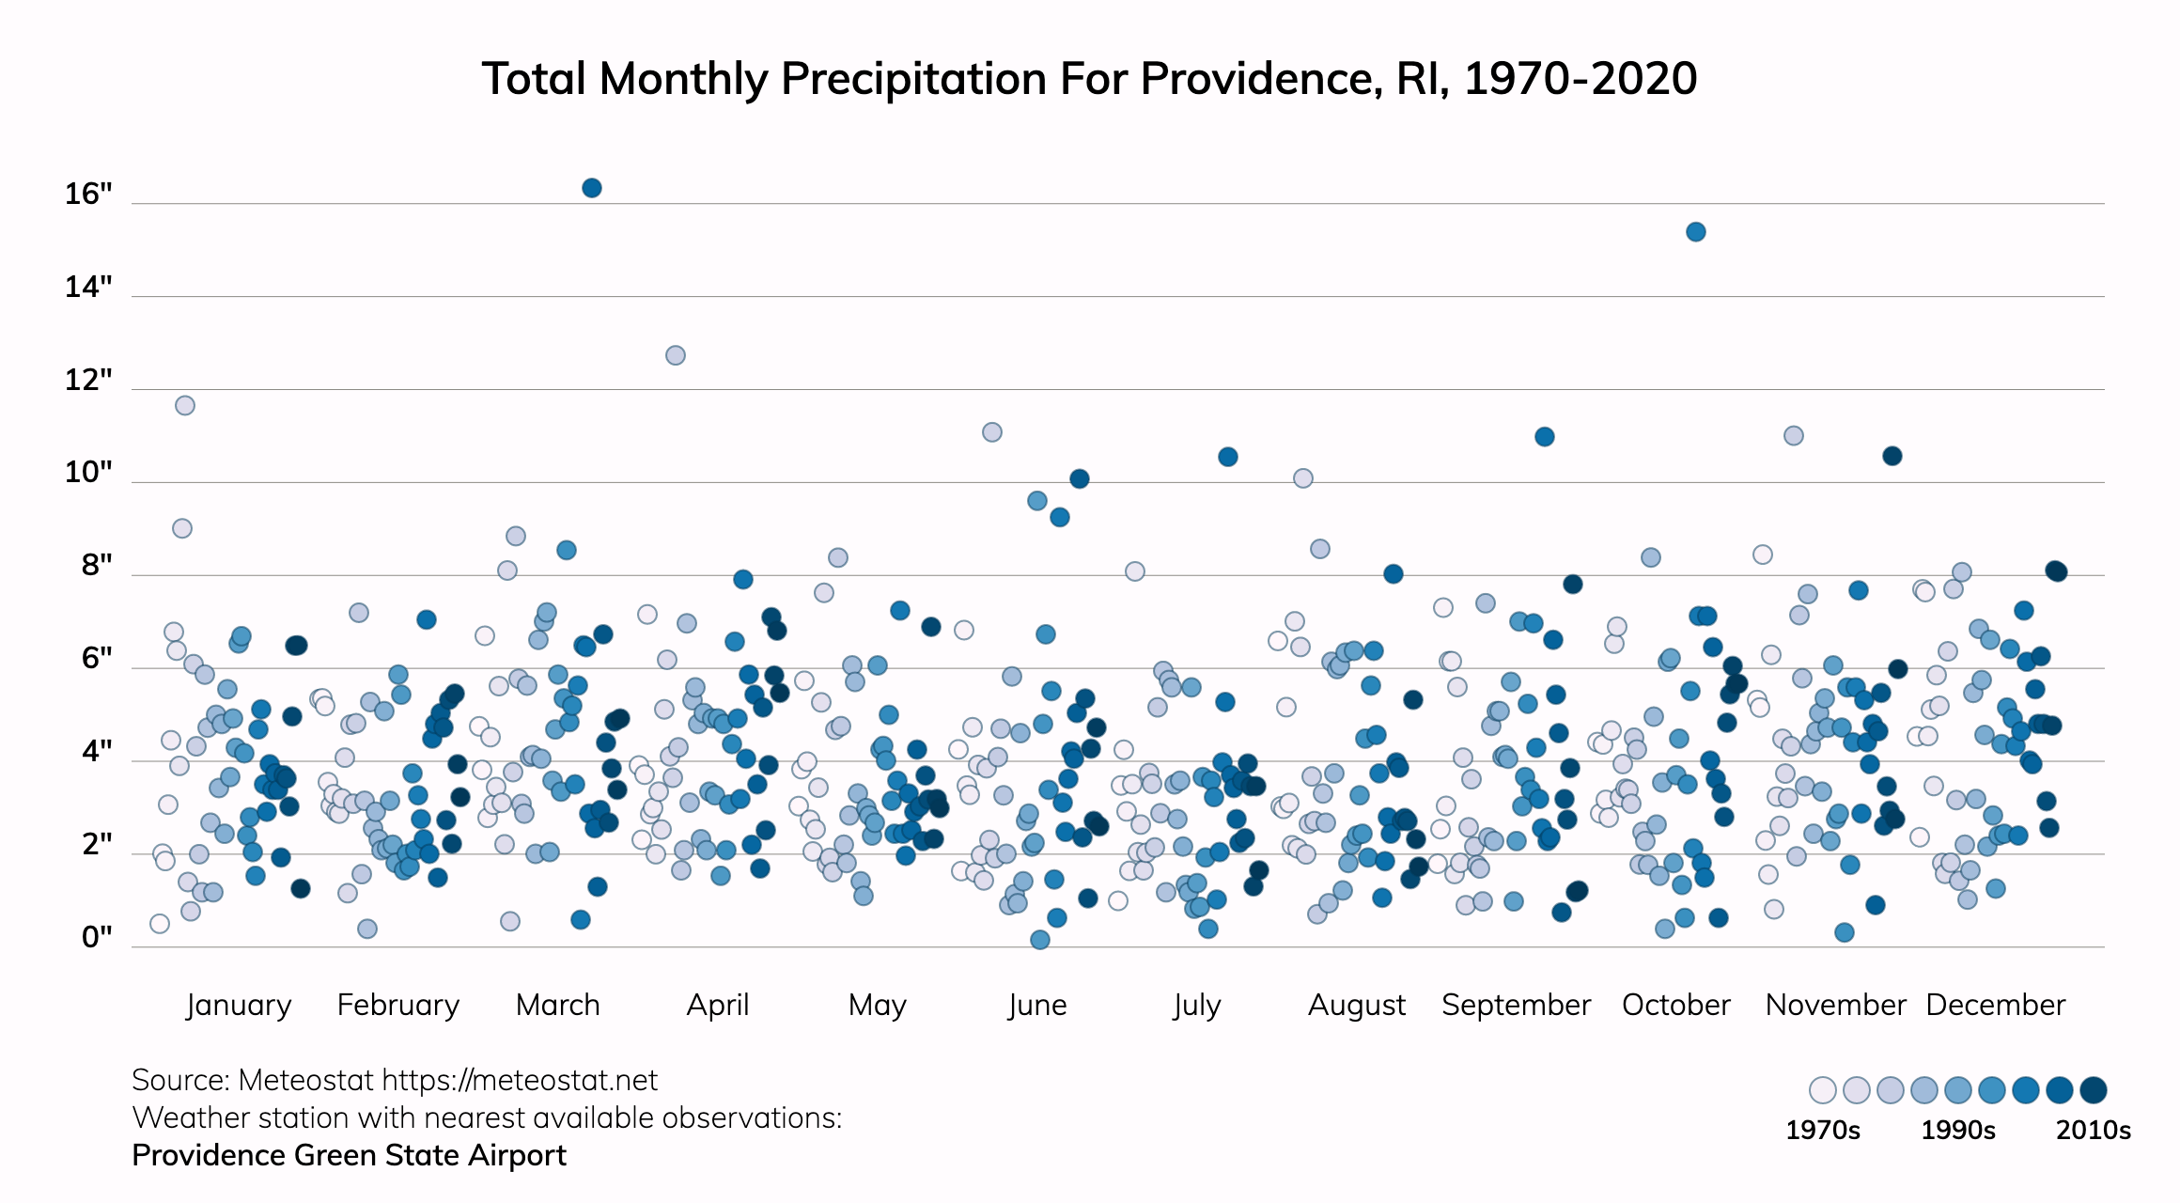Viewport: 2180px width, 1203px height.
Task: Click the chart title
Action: (1089, 79)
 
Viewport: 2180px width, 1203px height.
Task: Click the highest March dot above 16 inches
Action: (592, 188)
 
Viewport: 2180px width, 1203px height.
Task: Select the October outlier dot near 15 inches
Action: (1696, 232)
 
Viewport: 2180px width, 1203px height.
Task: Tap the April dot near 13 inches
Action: (676, 355)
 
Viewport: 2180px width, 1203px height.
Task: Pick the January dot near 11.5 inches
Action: (185, 405)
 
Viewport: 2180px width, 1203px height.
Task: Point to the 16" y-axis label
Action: (88, 195)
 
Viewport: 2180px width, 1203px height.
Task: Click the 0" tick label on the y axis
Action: (97, 937)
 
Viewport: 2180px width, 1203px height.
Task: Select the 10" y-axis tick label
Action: (88, 473)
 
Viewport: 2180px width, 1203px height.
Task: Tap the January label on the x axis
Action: (239, 1005)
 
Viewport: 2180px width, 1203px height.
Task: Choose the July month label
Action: (1196, 1005)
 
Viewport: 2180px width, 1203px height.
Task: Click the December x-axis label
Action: (1996, 1005)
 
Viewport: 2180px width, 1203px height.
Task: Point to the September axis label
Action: (1516, 1005)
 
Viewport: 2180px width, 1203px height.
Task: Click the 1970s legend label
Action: (1823, 1130)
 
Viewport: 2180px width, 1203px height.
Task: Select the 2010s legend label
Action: (2094, 1130)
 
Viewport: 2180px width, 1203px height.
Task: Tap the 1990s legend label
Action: (1958, 1130)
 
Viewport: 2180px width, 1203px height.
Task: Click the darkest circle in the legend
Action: (2094, 1090)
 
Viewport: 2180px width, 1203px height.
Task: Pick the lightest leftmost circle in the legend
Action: (1823, 1090)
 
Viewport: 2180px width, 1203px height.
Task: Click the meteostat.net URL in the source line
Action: (520, 1080)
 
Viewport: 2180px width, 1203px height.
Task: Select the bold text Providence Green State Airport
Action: (349, 1155)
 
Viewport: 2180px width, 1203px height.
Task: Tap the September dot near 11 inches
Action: (1545, 437)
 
